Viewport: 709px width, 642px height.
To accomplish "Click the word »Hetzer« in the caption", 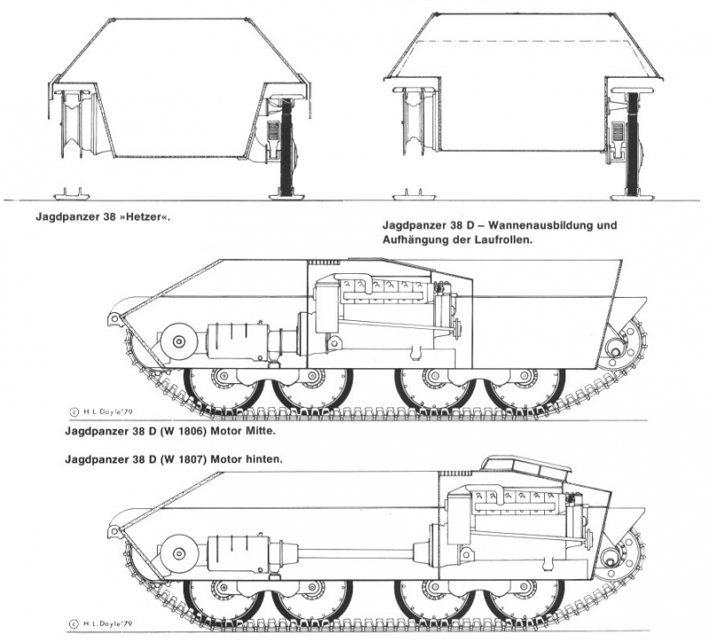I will (x=147, y=214).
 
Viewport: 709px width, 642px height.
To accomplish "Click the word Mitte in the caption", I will (x=284, y=432).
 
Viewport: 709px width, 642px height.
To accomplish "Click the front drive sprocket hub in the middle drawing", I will (x=177, y=341).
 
